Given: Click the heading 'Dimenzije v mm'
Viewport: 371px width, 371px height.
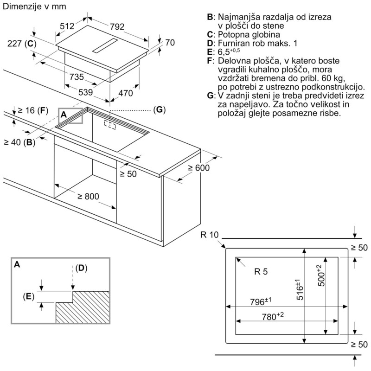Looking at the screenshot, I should [x=34, y=6].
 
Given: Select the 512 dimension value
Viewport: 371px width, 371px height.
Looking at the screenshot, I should [x=67, y=27].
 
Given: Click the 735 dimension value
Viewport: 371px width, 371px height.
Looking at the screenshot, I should [x=77, y=77].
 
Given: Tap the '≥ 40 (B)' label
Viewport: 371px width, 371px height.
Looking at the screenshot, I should [x=19, y=142].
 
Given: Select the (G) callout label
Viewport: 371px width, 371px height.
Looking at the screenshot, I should [x=159, y=110].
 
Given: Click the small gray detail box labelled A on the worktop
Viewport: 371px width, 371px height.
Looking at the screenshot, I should [x=70, y=116].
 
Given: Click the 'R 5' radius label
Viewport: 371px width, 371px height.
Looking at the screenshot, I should [x=261, y=272].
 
